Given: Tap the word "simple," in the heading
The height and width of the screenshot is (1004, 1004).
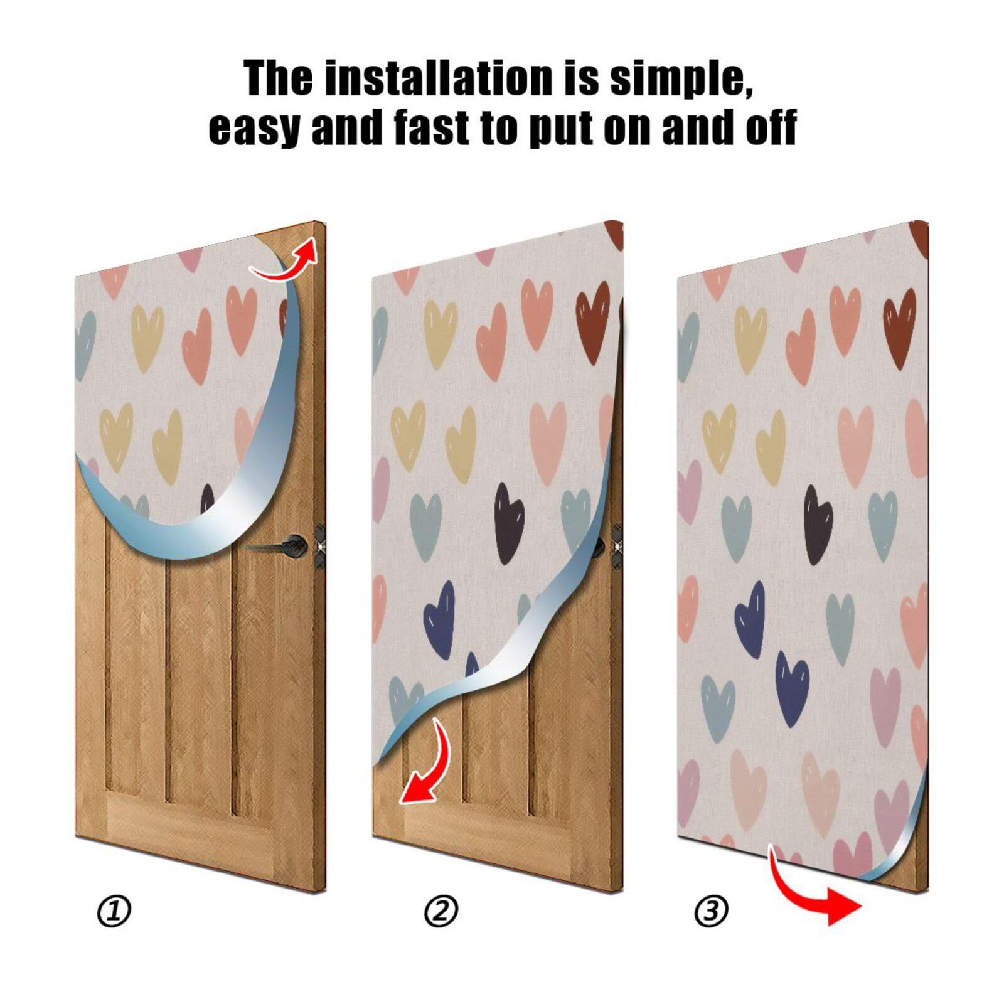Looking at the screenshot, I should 680,79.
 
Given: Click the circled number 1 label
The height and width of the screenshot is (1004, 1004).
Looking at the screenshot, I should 114,911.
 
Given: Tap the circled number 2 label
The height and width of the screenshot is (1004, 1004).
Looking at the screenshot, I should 441,911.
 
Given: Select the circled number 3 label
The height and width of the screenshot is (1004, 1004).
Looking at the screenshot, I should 711,911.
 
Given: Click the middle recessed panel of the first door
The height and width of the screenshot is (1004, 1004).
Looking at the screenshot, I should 197,678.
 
